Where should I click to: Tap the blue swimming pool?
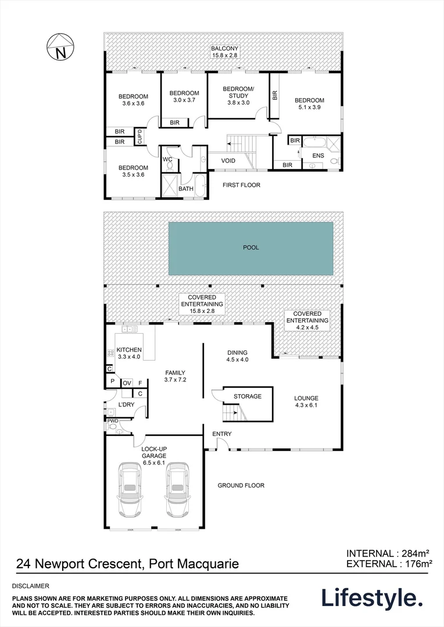251,248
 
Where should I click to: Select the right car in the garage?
178,489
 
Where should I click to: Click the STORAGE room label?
248,397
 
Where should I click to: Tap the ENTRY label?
221,434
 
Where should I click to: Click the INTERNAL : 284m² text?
389,553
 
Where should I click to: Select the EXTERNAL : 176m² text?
389,563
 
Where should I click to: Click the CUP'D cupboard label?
139,136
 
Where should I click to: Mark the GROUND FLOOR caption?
241,485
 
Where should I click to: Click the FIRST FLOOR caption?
241,185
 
